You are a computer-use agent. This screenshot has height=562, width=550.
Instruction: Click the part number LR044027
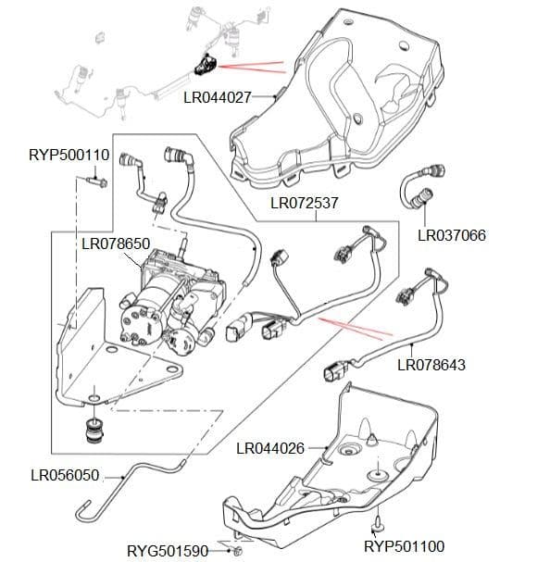217,96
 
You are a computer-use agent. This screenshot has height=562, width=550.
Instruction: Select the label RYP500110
69,155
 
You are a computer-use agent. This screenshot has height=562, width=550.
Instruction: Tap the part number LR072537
304,202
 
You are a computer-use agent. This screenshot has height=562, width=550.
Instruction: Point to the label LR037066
451,235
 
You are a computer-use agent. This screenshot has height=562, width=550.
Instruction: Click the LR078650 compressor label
116,244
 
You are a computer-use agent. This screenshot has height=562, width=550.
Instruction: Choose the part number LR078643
431,365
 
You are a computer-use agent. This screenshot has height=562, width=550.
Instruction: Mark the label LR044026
270,448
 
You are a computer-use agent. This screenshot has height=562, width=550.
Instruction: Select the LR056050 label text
65,475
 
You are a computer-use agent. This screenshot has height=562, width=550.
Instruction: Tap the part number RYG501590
168,551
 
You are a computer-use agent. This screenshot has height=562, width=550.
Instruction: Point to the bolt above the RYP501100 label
379,525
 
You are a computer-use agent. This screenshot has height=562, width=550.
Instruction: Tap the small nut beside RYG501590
239,552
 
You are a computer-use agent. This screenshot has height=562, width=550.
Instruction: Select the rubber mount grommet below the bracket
93,431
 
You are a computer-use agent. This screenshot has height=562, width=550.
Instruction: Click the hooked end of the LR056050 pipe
85,508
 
